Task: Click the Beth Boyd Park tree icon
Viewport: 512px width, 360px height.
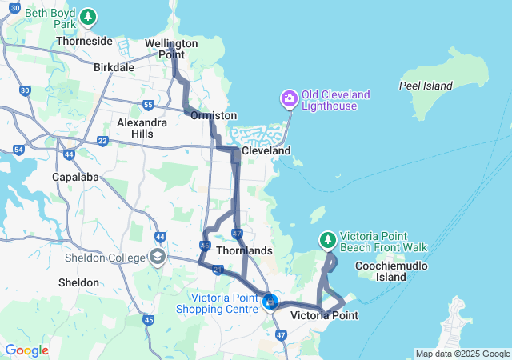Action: pos(88,16)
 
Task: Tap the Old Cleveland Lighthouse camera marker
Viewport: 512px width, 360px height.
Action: pos(289,99)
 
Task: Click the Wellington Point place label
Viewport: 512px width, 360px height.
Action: pos(171,49)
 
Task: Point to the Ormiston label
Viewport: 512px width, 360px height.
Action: pos(214,116)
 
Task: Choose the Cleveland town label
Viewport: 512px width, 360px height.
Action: pos(266,150)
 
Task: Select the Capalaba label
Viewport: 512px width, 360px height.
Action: pos(74,176)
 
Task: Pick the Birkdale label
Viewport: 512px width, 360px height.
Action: pos(114,68)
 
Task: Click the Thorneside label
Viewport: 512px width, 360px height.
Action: pos(84,41)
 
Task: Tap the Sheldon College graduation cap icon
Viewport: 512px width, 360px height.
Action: pos(158,257)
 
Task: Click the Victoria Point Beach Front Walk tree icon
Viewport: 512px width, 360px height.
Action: pos(328,239)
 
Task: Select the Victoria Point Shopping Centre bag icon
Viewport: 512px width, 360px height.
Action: pos(270,302)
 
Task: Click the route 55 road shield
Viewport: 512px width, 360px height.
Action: pos(148,105)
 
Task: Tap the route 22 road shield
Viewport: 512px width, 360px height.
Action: pos(102,141)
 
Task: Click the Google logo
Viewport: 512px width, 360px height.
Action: pos(26,350)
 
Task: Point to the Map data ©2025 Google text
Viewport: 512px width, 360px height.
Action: pos(462,354)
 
